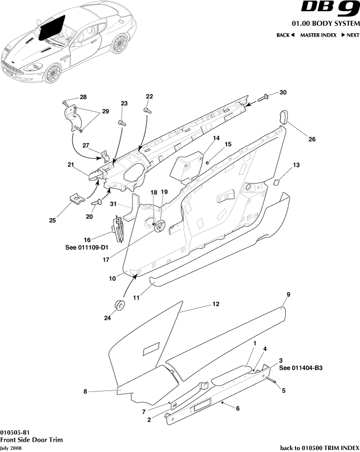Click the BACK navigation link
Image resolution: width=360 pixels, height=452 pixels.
pyautogui.click(x=285, y=35)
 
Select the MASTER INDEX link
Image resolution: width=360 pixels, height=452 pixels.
pyautogui.click(x=318, y=35)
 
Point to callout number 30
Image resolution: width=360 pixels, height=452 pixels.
pyautogui.click(x=283, y=93)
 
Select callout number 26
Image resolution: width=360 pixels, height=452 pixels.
pyautogui.click(x=312, y=139)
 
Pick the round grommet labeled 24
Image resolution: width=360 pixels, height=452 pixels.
pyautogui.click(x=119, y=306)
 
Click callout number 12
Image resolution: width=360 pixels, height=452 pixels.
pyautogui.click(x=215, y=304)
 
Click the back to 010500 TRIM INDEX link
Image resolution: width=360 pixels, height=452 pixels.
pyautogui.click(x=319, y=448)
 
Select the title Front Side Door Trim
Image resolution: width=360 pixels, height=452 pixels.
pyautogui.click(x=31, y=440)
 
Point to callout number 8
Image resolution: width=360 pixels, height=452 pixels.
pyautogui.click(x=85, y=391)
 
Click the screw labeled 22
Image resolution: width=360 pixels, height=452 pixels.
pyautogui.click(x=146, y=111)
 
